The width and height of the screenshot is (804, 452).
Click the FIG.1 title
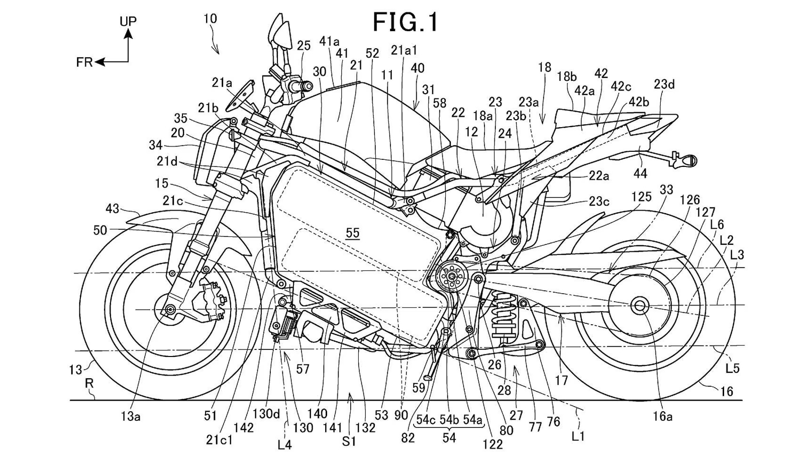tap(406, 23)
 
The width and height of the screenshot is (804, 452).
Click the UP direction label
tap(128, 21)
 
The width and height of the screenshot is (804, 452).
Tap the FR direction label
tap(84, 62)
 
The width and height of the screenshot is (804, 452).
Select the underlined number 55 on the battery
tap(353, 232)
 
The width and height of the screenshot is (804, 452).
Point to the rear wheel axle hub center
tap(640, 305)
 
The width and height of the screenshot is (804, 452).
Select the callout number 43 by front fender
tap(113, 208)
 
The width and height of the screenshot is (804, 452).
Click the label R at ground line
tap(89, 384)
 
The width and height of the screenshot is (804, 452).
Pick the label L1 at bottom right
tap(578, 436)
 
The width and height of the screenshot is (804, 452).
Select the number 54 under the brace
tap(449, 437)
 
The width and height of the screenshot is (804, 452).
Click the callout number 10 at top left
tap(210, 19)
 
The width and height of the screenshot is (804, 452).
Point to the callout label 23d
tap(664, 84)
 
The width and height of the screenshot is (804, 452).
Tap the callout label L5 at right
tap(732, 369)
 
